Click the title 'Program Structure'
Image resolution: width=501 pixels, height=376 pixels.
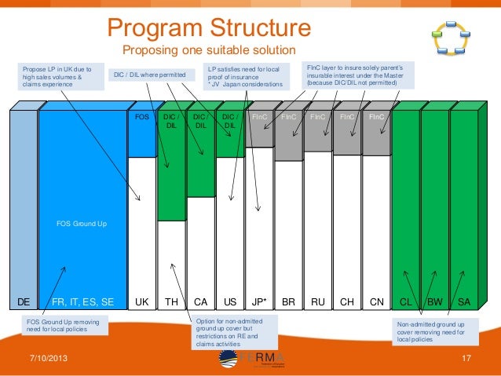(x=209, y=28)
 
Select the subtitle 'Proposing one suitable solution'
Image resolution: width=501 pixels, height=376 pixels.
(x=209, y=51)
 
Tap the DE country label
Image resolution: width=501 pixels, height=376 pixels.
(x=24, y=301)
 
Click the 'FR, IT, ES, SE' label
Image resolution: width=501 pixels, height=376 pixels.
(x=82, y=301)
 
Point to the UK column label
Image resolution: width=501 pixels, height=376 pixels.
(x=141, y=301)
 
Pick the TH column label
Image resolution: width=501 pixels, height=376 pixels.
(x=170, y=301)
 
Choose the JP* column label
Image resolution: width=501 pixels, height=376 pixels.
(x=258, y=301)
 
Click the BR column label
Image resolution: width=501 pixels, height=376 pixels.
(x=288, y=301)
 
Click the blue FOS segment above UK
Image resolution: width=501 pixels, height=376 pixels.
(x=141, y=133)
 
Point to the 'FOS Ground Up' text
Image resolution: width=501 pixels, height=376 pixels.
(x=82, y=224)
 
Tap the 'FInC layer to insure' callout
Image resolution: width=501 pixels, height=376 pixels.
(x=357, y=76)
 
